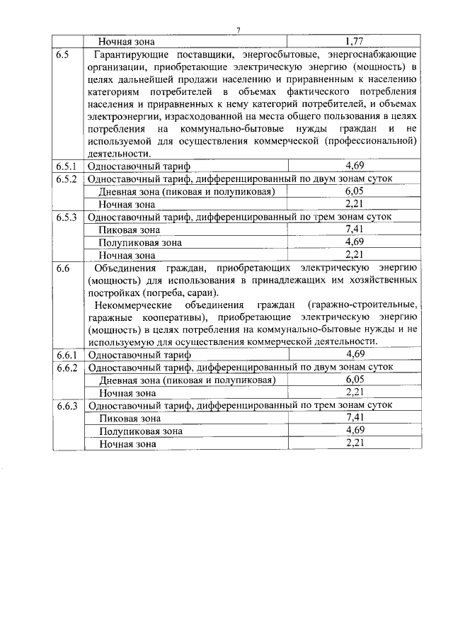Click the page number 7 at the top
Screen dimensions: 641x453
(x=239, y=29)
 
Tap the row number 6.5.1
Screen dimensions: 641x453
(x=67, y=166)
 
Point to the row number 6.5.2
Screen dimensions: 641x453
(x=67, y=178)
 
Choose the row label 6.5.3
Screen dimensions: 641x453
(x=67, y=217)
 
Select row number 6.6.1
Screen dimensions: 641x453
(x=67, y=354)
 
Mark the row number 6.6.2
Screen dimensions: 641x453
(x=67, y=367)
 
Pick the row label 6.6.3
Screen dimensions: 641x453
(x=67, y=406)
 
